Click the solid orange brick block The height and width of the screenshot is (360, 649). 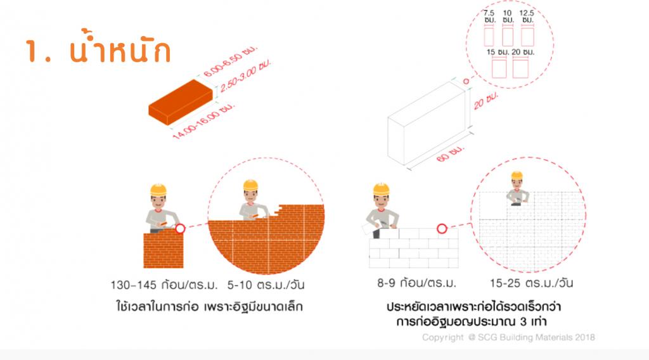(x=181, y=102)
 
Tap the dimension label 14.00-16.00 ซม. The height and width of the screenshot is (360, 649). (x=203, y=120)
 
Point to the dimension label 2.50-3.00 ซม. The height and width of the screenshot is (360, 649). (x=245, y=75)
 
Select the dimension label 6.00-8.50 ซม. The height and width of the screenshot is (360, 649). (x=230, y=61)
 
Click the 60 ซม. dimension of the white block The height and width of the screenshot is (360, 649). (x=451, y=153)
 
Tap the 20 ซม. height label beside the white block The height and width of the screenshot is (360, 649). (x=486, y=101)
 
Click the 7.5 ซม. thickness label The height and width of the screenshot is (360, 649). (x=489, y=16)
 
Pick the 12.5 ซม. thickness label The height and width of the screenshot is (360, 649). (x=527, y=16)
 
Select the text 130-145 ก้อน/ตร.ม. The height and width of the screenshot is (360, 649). (x=164, y=285)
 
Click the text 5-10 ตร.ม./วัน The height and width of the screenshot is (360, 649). (x=266, y=285)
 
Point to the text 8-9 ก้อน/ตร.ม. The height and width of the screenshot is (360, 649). (x=416, y=283)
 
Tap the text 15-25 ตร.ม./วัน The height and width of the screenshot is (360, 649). (x=532, y=283)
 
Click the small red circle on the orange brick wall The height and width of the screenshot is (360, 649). (x=180, y=228)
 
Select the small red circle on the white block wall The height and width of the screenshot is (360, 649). (x=442, y=228)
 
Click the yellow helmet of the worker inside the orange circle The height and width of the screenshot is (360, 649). (x=250, y=185)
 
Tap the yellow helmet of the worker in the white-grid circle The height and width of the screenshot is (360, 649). (x=517, y=176)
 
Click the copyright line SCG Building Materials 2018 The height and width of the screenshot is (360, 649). (x=508, y=337)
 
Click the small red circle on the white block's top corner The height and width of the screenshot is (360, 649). (x=466, y=81)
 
